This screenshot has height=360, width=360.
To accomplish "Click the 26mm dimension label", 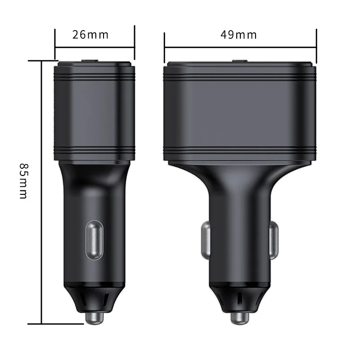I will point(90,35).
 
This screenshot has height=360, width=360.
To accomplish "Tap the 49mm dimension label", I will point(238,35).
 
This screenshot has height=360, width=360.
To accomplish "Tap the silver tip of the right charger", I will point(240,318).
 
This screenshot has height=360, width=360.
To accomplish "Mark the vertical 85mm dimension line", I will point(41,189).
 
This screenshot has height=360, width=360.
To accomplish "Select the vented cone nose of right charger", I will point(240,298).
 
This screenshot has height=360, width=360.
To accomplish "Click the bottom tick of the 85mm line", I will point(41,323).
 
